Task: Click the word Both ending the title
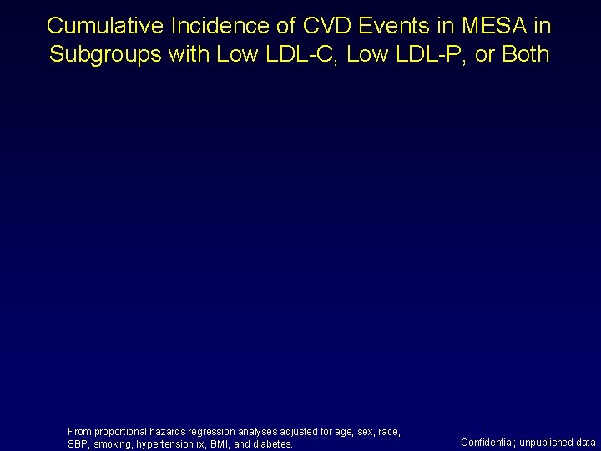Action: click(525, 55)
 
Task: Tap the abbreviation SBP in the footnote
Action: click(78, 444)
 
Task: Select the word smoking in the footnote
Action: click(113, 444)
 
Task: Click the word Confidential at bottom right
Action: click(487, 443)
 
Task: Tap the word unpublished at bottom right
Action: click(547, 443)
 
